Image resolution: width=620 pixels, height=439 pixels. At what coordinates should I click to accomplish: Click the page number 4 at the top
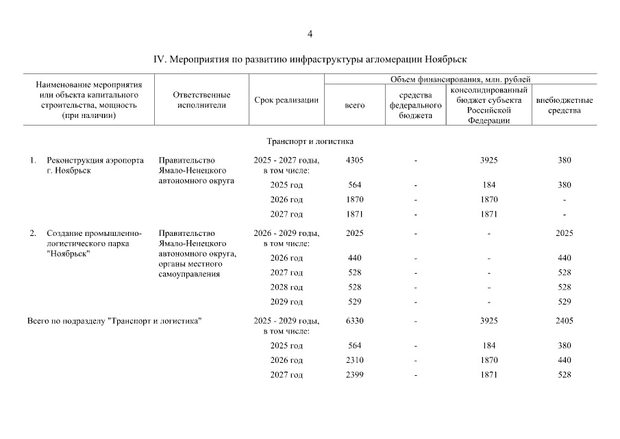pos(310,34)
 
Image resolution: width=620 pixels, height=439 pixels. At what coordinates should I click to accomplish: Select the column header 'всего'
pos(354,105)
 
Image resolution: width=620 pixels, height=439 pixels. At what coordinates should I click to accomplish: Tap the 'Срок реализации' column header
pos(286,100)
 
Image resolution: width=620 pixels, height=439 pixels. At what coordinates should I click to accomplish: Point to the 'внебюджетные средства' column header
pos(564,105)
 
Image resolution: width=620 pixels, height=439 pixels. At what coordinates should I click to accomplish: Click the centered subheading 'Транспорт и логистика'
pos(310,142)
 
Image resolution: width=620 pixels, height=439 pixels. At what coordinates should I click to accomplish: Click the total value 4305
pos(354,161)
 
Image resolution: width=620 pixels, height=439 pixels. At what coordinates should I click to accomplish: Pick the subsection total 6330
pos(354,320)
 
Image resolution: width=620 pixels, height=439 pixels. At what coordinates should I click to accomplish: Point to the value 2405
pos(564,320)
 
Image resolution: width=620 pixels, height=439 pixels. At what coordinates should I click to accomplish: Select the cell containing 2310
pos(354,360)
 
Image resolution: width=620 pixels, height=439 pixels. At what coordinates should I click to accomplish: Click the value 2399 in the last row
pos(354,375)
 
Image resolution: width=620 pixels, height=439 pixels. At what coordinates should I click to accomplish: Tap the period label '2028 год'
pos(286,287)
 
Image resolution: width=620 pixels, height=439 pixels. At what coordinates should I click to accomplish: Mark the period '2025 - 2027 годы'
pos(286,161)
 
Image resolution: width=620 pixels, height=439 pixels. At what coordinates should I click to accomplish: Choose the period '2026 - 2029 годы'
pos(286,233)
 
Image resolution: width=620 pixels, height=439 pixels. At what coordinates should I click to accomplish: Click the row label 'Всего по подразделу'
pos(67,320)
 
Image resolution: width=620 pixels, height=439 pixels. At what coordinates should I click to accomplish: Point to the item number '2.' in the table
pos(33,233)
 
